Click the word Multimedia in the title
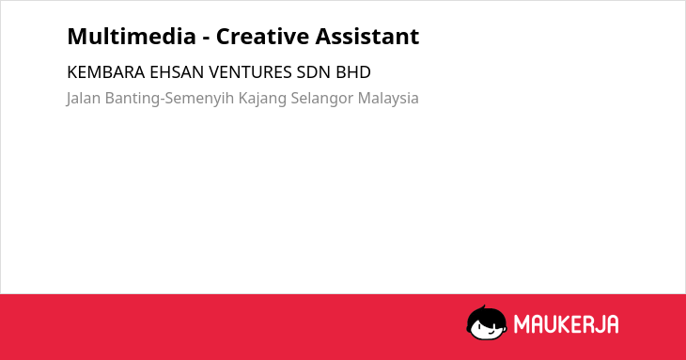(x=132, y=36)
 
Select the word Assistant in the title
(x=367, y=36)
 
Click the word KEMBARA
(x=106, y=72)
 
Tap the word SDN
(x=314, y=72)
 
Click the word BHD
(x=353, y=72)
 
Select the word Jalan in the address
(x=84, y=99)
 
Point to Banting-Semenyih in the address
(x=170, y=99)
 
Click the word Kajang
(x=262, y=99)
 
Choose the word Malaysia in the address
(x=388, y=99)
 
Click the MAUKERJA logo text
(x=566, y=324)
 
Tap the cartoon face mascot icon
(x=487, y=322)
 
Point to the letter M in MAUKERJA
(x=522, y=324)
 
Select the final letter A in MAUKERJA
(x=612, y=324)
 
